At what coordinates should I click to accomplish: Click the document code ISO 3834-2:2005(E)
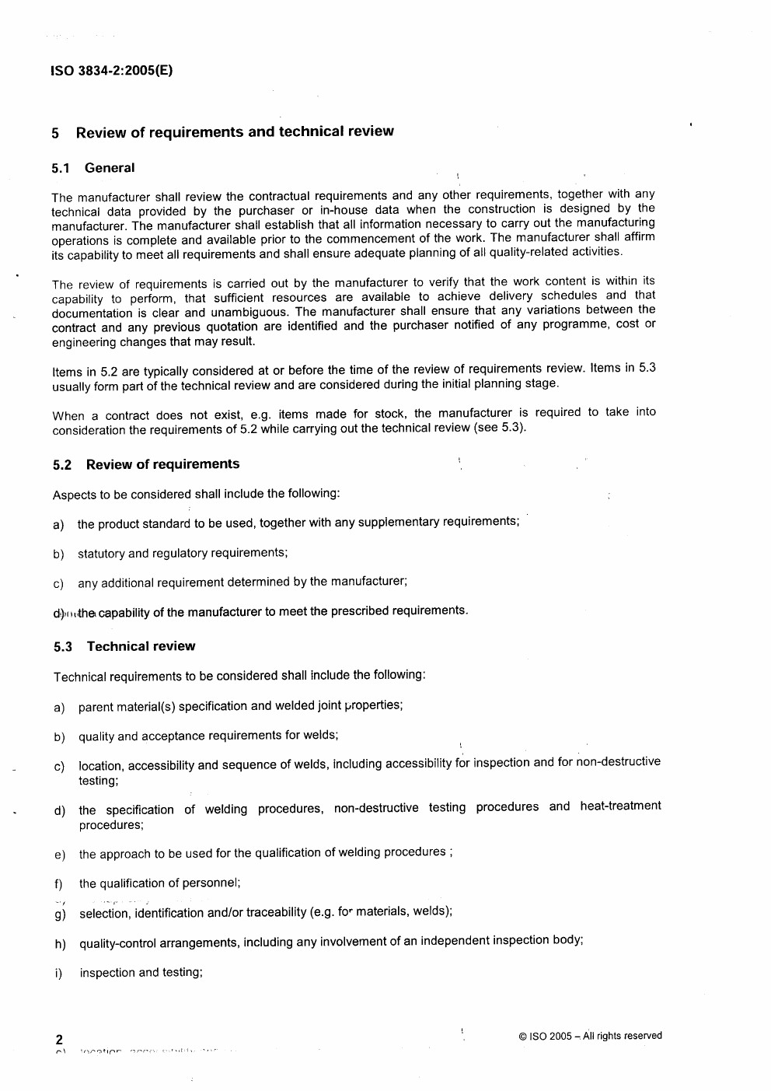(x=111, y=71)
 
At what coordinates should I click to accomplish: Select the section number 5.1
(x=61, y=168)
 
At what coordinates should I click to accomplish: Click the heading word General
(x=110, y=167)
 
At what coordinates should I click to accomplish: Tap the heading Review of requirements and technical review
(x=235, y=131)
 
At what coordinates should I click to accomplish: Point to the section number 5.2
(x=62, y=465)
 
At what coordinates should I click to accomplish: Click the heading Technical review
(x=141, y=646)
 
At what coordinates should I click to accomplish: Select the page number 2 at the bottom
(x=59, y=1040)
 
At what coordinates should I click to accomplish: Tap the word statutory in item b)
(x=101, y=554)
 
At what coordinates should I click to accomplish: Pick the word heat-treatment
(x=620, y=806)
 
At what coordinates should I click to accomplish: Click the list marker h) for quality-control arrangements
(x=60, y=944)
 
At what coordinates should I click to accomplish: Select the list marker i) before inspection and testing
(x=58, y=974)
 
